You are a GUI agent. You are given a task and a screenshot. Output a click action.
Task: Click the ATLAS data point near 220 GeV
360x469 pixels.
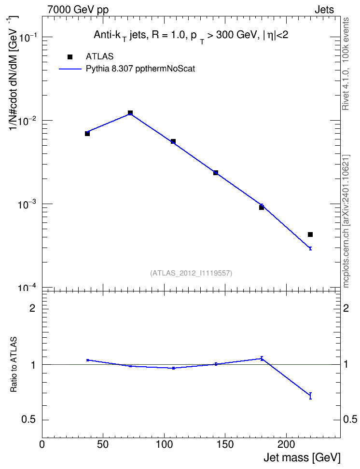(x=310, y=234)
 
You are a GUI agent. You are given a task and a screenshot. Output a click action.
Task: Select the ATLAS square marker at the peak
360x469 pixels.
(x=130, y=113)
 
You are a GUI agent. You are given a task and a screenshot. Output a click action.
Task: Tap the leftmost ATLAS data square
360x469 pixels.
(x=87, y=133)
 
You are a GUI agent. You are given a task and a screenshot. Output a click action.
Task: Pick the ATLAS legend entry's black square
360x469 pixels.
(x=70, y=57)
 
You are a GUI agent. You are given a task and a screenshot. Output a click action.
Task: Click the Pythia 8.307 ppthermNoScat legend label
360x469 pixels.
(x=140, y=69)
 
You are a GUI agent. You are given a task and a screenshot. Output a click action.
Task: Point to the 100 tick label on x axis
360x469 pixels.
(x=164, y=444)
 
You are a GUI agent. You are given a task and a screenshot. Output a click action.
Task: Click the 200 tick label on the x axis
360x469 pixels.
(x=286, y=444)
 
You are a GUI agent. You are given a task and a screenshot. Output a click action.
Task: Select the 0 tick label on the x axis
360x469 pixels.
(x=42, y=444)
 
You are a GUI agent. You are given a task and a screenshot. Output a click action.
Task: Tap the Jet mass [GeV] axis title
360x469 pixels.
(x=302, y=458)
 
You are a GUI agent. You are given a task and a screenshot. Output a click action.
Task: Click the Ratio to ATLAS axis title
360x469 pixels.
(x=14, y=364)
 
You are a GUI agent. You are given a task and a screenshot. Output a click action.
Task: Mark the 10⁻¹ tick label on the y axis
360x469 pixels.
(x=28, y=37)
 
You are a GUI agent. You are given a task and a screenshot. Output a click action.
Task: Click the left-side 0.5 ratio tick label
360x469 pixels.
(x=28, y=420)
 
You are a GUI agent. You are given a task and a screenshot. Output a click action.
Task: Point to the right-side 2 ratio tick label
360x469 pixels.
(x=346, y=308)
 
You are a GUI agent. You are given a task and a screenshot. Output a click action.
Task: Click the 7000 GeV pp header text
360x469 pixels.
(x=78, y=10)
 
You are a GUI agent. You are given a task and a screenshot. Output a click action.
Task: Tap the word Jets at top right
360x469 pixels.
(x=324, y=10)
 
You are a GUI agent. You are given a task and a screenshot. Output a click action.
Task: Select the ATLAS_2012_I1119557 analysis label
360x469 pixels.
(x=191, y=273)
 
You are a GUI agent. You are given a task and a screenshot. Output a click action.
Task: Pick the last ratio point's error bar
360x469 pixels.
(x=310, y=396)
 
